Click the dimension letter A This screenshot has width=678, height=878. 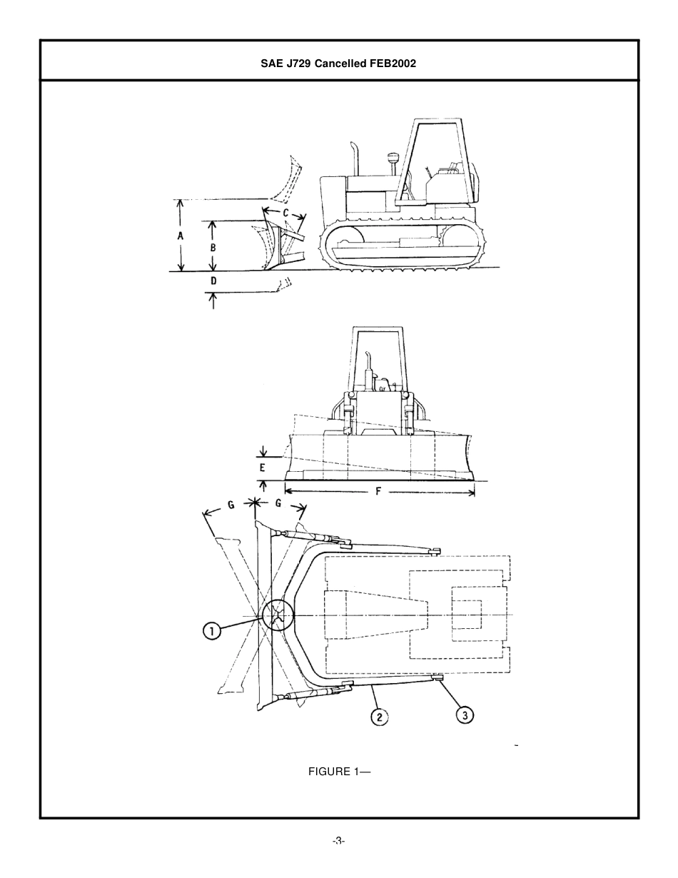click(x=181, y=236)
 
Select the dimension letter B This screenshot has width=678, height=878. click(x=213, y=247)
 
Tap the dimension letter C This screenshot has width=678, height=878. click(x=285, y=213)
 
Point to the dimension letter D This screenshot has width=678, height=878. click(x=213, y=281)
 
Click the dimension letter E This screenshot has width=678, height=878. click(x=263, y=468)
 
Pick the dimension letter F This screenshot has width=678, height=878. click(x=378, y=491)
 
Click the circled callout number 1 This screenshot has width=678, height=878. click(x=212, y=631)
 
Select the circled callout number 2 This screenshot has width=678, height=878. click(x=379, y=716)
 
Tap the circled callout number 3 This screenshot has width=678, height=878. click(x=465, y=715)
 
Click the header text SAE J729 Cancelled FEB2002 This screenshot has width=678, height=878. click(x=338, y=63)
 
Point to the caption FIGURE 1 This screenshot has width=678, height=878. click(x=339, y=772)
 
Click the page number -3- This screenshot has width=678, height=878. click(x=338, y=841)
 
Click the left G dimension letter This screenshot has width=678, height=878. click(x=231, y=505)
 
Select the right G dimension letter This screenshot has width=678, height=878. click(x=278, y=503)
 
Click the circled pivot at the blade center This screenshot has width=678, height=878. click(x=277, y=615)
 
